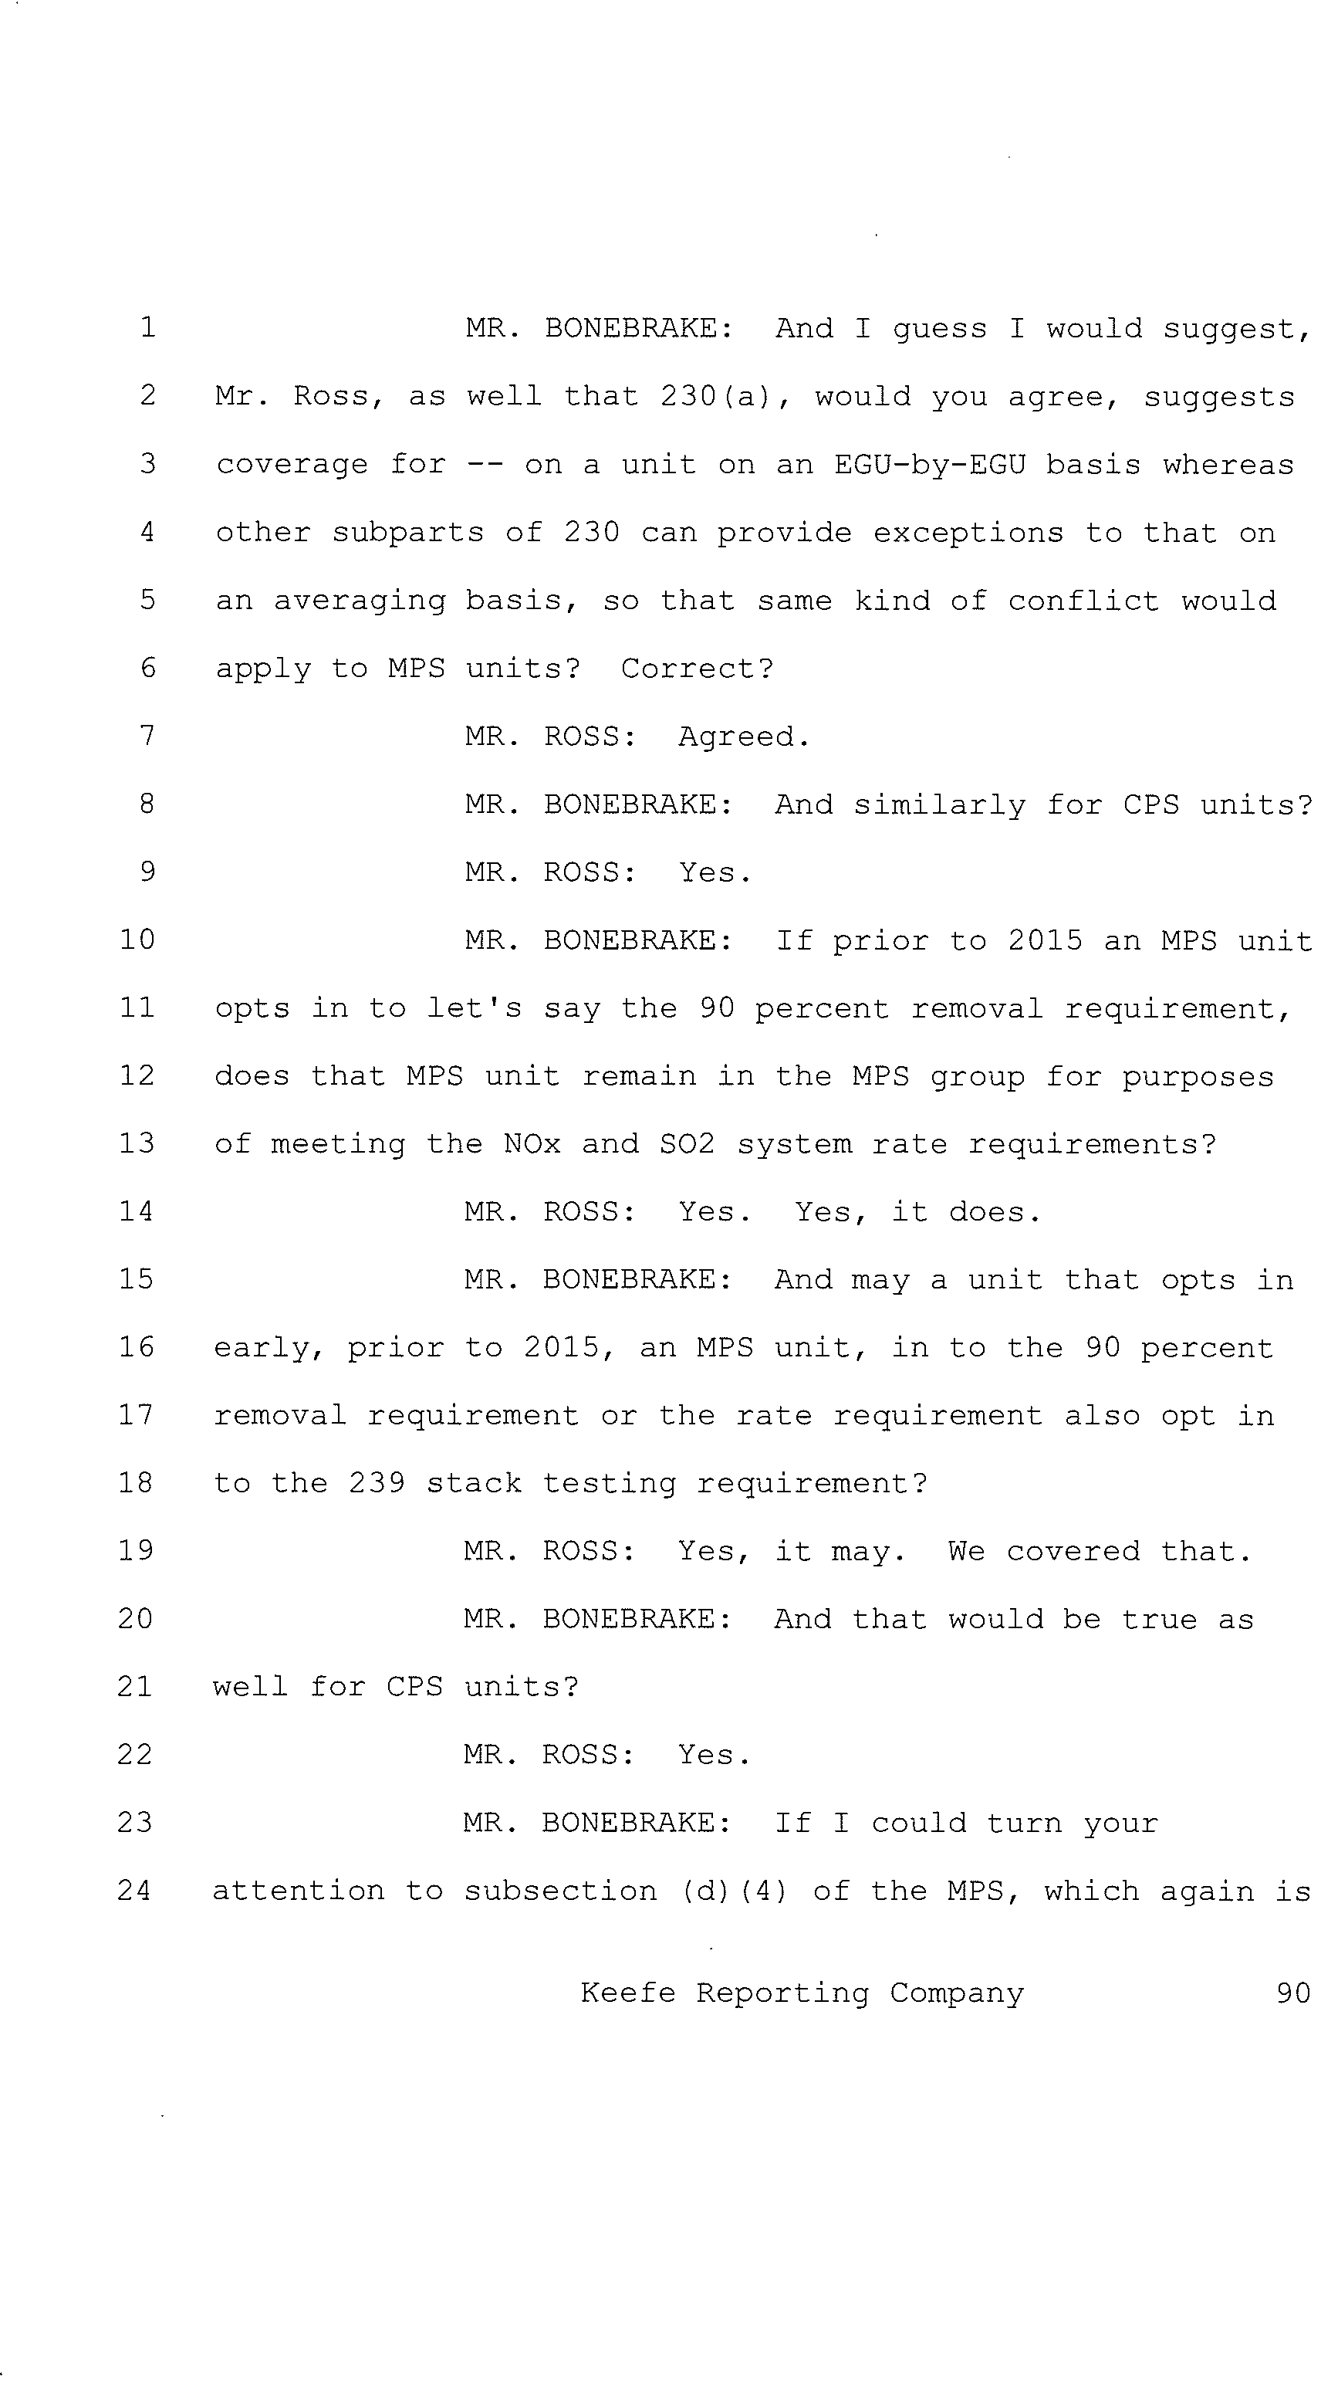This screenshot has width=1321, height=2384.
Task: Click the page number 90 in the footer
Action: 1292,1993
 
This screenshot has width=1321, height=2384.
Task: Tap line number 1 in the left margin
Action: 148,327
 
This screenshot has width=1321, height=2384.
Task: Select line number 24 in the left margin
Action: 135,1890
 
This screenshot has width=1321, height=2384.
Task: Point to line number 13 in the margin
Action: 136,1143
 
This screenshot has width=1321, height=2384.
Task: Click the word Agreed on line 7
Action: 744,737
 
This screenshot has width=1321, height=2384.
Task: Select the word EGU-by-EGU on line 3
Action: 930,464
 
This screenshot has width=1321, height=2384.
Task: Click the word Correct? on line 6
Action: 698,669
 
